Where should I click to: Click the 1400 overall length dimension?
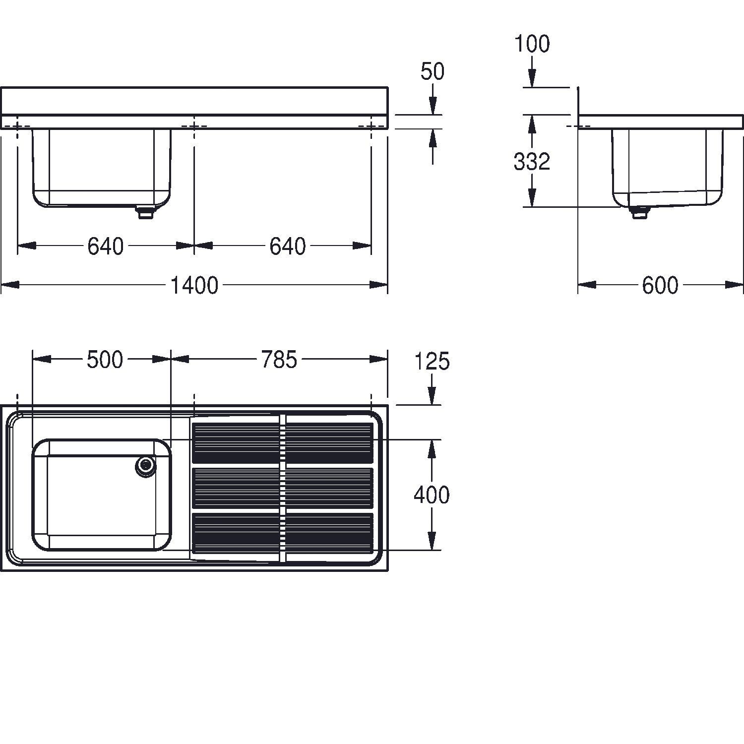[x=194, y=286]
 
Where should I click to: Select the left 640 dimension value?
[x=105, y=246]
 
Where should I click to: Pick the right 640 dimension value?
[x=288, y=246]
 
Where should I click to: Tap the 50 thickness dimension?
[x=433, y=71]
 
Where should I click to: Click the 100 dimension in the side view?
[x=532, y=44]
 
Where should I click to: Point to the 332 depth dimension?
[x=532, y=161]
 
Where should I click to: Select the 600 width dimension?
[x=660, y=286]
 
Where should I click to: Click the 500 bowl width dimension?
[x=105, y=360]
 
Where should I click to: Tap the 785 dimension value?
[x=279, y=360]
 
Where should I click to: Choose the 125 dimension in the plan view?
[x=433, y=362]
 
